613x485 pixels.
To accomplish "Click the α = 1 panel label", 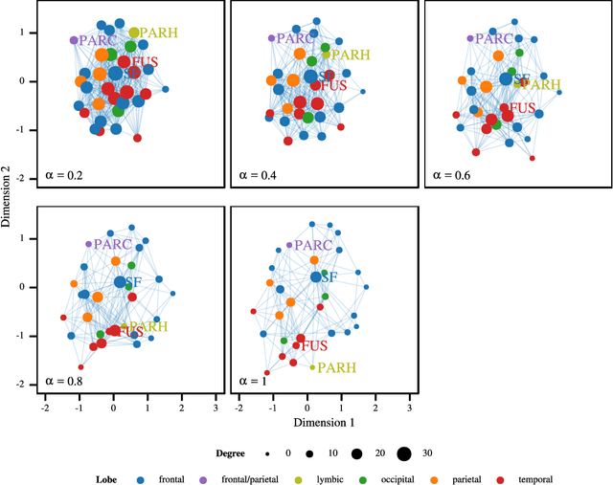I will click(x=254, y=381).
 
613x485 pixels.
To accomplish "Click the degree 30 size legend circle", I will click(x=403, y=453).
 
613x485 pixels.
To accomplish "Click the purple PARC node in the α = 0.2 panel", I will click(x=75, y=40).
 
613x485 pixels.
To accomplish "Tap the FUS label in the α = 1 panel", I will click(x=319, y=345).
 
